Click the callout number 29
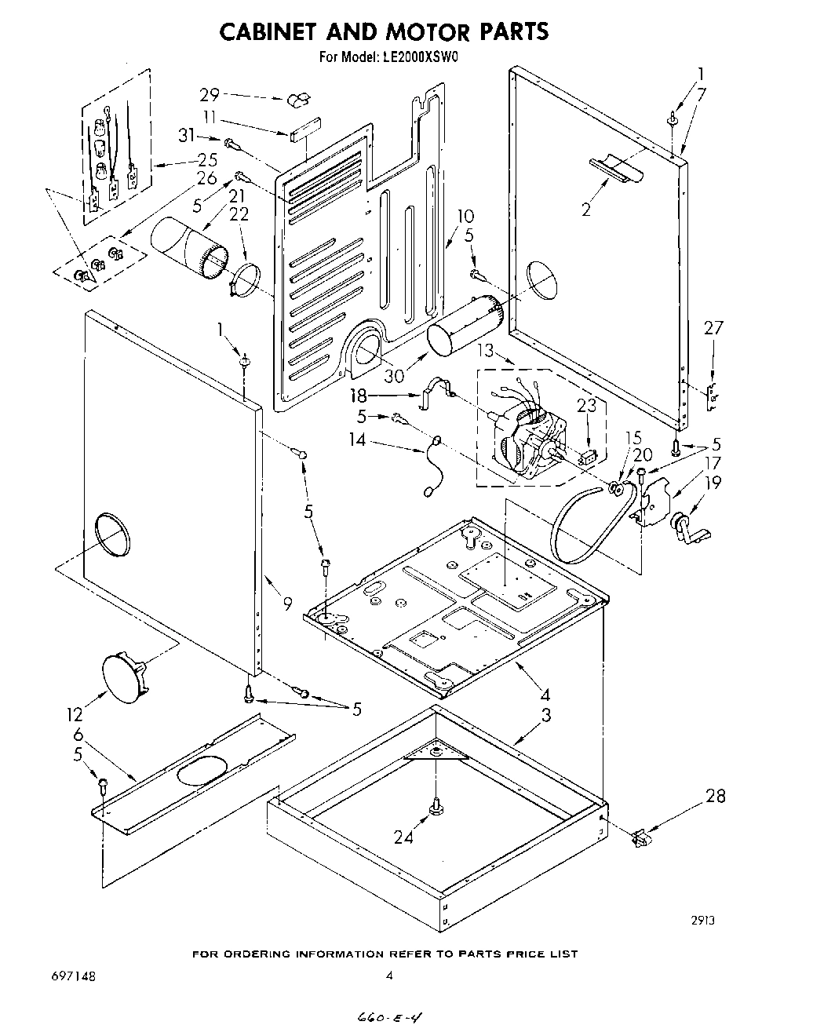[208, 95]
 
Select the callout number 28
[715, 796]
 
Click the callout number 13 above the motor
[486, 350]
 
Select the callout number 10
[465, 216]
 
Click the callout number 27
[713, 328]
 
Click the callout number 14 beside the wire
[357, 440]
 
